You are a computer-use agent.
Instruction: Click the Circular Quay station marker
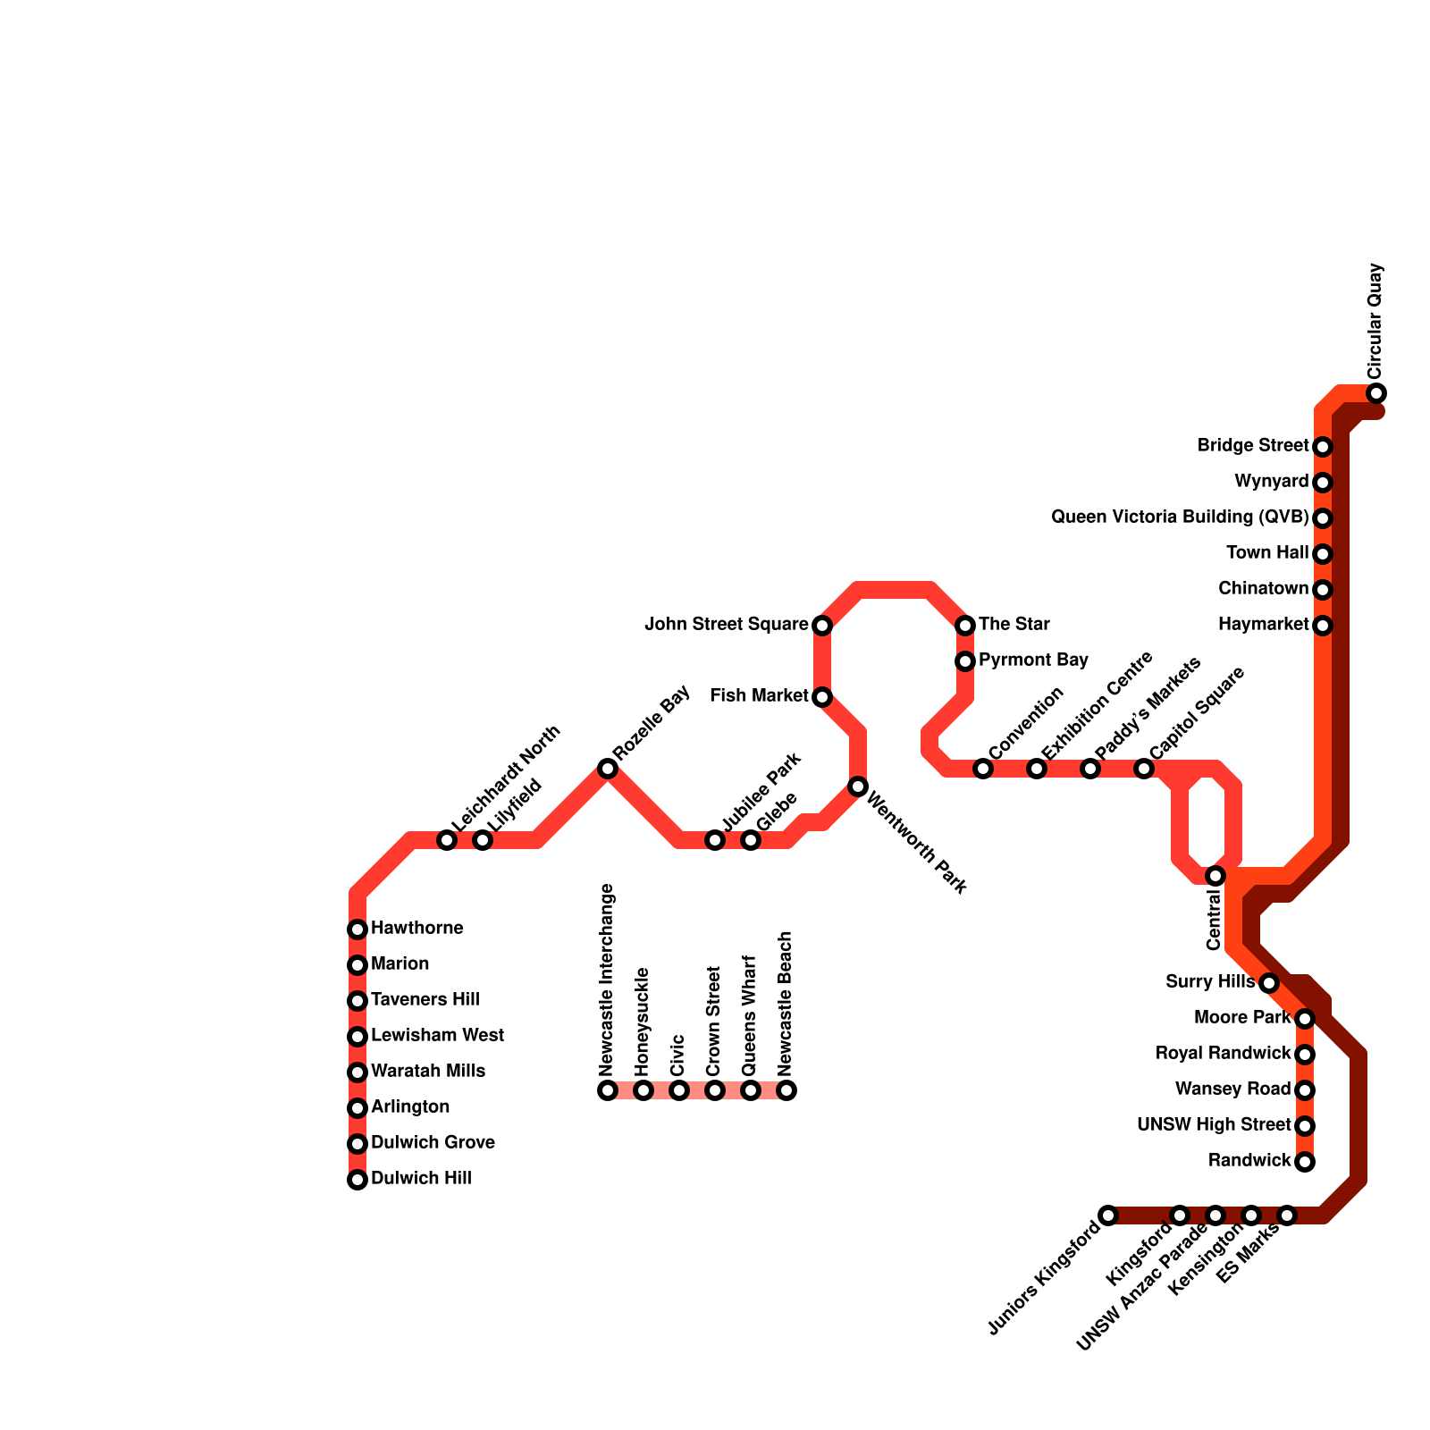point(1376,393)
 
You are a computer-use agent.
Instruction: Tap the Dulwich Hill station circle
point(357,1180)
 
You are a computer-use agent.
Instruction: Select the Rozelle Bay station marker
point(608,769)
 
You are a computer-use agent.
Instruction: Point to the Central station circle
point(1215,876)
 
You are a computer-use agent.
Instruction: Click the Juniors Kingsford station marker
point(1108,1215)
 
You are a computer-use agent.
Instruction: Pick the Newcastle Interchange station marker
point(608,1090)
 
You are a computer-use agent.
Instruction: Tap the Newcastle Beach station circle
point(786,1090)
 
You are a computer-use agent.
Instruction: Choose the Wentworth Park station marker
point(858,786)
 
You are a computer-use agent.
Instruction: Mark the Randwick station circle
point(1305,1162)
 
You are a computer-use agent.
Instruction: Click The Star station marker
point(965,626)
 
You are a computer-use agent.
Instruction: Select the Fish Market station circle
point(822,697)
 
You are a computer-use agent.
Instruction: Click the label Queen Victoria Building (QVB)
point(1179,517)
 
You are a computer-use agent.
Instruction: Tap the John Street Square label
point(726,625)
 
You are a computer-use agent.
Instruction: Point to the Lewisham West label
point(437,1036)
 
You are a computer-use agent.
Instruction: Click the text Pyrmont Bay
point(1033,660)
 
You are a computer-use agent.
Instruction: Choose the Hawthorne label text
point(416,929)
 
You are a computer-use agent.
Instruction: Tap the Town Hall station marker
point(1323,554)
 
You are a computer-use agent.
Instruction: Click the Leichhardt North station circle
point(447,840)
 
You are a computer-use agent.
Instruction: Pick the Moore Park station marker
point(1305,1019)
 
